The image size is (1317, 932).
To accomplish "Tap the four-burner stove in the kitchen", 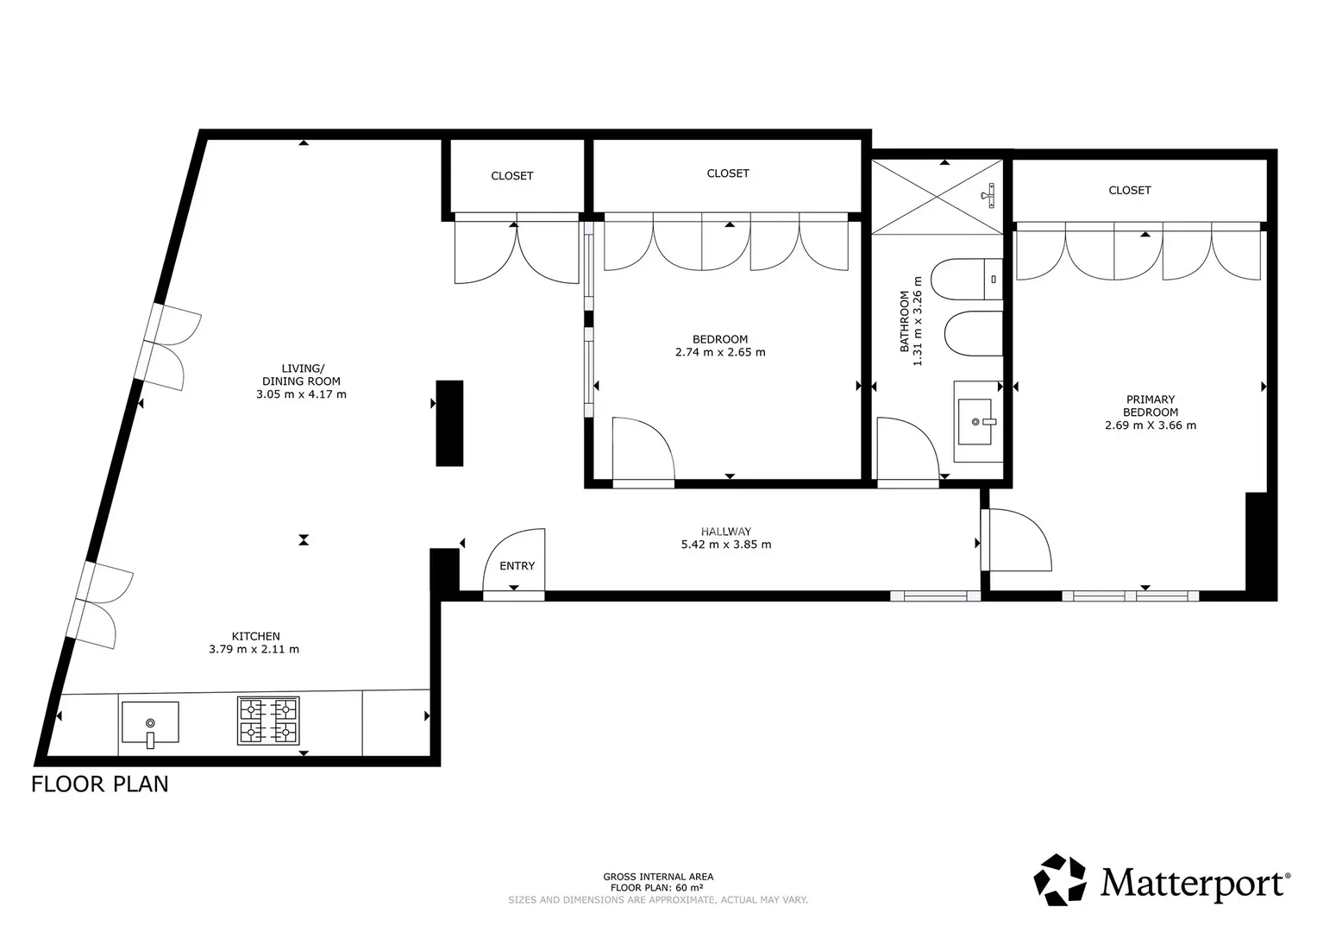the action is pyautogui.click(x=268, y=721).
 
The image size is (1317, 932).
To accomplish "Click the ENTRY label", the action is pyautogui.click(x=517, y=566).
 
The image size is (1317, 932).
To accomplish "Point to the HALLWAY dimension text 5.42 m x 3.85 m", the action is pyautogui.click(x=726, y=545).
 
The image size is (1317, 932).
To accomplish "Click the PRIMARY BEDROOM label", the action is pyautogui.click(x=1151, y=406).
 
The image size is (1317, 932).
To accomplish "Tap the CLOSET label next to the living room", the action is pyautogui.click(x=512, y=176).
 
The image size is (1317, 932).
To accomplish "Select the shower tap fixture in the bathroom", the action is pyautogui.click(x=989, y=195).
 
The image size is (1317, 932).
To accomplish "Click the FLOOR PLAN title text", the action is pyautogui.click(x=100, y=784).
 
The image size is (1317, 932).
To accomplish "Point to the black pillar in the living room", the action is pyautogui.click(x=449, y=423).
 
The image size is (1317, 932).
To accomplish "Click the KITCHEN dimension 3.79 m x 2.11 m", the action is pyautogui.click(x=254, y=650).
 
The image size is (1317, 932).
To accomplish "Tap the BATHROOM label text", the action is pyautogui.click(x=904, y=321).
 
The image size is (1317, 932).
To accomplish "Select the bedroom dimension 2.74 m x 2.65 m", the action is pyautogui.click(x=720, y=352).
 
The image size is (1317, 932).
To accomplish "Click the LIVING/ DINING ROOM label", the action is pyautogui.click(x=302, y=375).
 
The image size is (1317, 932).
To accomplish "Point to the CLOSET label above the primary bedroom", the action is pyautogui.click(x=1130, y=191).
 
